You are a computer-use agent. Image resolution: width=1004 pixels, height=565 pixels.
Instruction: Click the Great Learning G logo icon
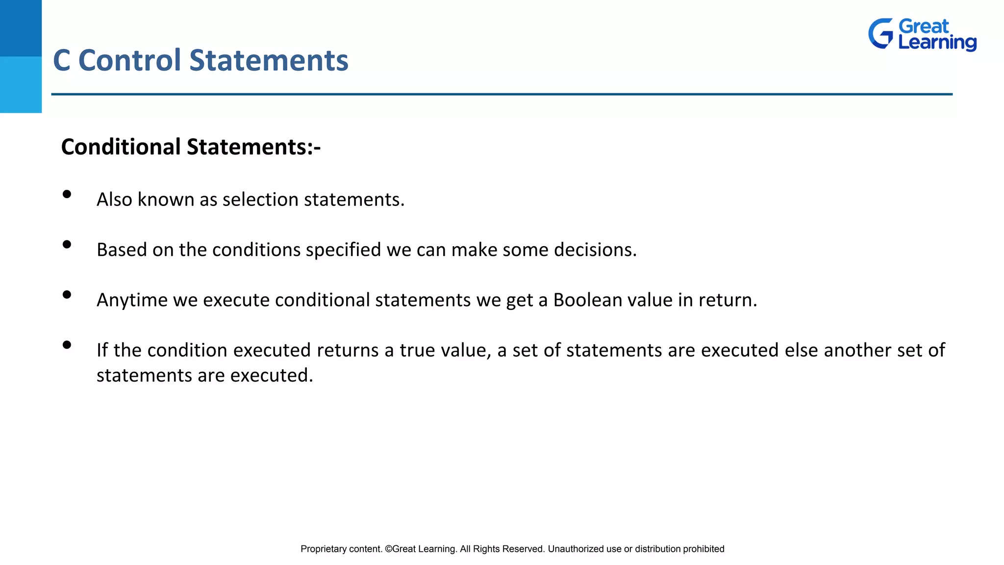click(x=881, y=33)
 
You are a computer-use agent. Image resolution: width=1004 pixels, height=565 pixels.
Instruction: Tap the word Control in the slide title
click(x=130, y=60)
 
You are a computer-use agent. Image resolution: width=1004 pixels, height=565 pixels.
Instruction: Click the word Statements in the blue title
click(x=269, y=60)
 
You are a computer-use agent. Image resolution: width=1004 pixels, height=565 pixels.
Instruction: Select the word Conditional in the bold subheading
click(x=121, y=147)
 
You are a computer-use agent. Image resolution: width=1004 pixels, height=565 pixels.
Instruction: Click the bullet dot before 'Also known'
click(x=67, y=194)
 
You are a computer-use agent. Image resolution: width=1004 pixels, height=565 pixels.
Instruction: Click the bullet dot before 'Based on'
click(x=67, y=244)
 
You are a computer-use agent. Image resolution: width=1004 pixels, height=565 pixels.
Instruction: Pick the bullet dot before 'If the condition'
click(x=67, y=345)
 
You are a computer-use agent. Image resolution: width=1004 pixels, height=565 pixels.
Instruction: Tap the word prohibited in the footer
click(x=703, y=549)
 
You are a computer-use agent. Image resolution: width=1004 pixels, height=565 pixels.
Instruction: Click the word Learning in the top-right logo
click(x=937, y=43)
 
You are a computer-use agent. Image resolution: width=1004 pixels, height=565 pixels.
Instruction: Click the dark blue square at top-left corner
click(x=21, y=28)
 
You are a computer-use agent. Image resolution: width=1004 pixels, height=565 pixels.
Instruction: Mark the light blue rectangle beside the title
click(x=21, y=84)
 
